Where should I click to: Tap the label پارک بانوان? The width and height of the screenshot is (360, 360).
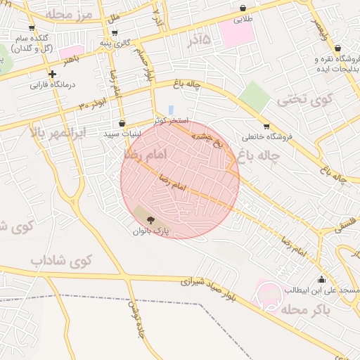151,230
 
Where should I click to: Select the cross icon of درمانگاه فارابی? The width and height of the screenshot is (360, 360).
52,74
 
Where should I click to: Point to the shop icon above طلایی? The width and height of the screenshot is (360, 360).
243,8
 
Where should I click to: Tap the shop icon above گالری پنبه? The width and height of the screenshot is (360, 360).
115,32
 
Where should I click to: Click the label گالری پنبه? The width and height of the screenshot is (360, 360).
115,42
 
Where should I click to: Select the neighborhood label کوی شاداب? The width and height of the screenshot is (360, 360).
61,260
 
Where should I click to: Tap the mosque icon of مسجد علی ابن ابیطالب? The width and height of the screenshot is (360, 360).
321,279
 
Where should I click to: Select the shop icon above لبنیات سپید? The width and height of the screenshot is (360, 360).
122,123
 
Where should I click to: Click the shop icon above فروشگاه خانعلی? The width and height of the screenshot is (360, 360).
266,127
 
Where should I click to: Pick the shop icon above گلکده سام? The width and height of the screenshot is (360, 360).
31,28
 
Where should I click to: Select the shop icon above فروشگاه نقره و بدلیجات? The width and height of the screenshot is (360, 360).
338,48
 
